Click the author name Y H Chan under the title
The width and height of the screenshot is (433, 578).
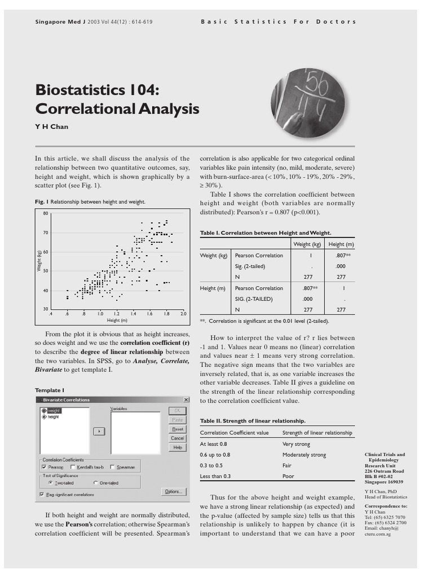(x=51, y=126)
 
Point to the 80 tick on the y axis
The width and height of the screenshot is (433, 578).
(x=46, y=213)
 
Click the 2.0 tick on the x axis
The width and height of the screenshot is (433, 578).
(x=183, y=313)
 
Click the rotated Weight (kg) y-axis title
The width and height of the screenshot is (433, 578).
(x=39, y=260)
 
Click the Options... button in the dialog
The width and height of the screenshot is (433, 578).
(x=173, y=492)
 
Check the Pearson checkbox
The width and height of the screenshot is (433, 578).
(x=44, y=467)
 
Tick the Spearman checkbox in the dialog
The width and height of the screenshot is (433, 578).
(x=113, y=467)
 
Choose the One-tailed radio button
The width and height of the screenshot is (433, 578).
(x=95, y=483)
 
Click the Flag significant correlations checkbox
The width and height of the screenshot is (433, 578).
(x=41, y=494)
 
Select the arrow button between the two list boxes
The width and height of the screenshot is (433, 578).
(x=99, y=431)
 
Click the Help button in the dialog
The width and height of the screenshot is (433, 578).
(x=177, y=448)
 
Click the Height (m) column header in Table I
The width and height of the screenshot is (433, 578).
(x=341, y=244)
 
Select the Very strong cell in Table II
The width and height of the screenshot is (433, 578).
(x=296, y=444)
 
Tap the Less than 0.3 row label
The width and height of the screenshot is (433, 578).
(x=216, y=476)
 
